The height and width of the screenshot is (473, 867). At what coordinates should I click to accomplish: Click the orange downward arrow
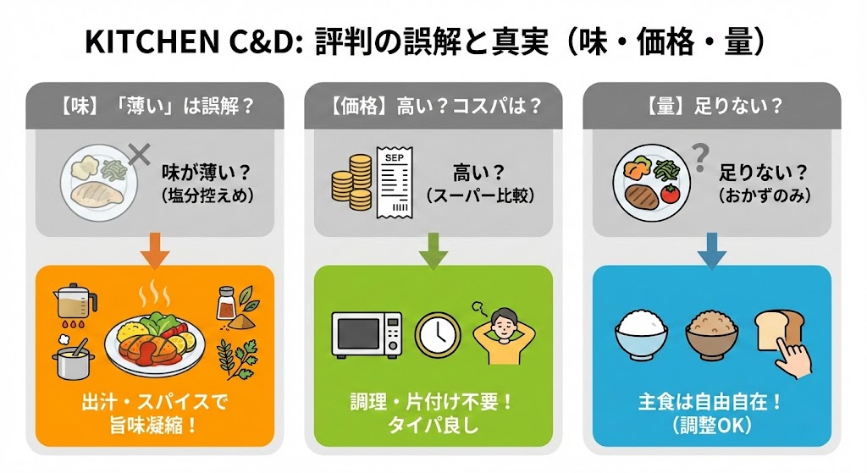coord(154,250)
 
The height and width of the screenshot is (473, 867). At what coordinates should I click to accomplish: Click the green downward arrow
coord(433,250)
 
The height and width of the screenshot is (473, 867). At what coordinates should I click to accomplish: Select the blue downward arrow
coord(711,250)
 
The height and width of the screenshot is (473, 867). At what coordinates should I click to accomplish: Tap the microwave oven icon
coord(366,333)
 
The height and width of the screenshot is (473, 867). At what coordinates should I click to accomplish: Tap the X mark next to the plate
coord(138,155)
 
